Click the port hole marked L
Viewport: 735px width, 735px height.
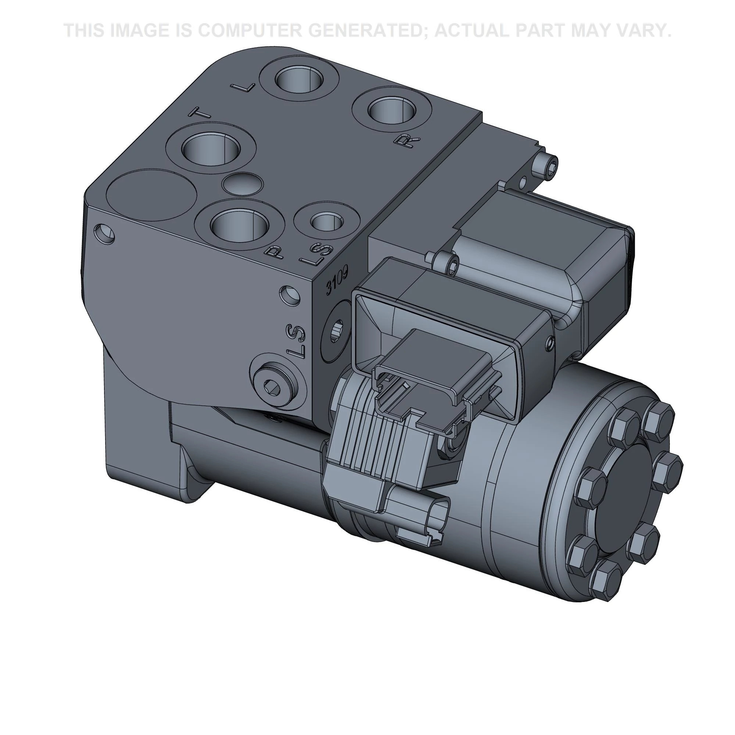[x=300, y=80]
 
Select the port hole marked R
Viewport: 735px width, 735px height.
[x=392, y=111]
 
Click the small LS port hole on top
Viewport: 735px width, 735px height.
[x=327, y=221]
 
